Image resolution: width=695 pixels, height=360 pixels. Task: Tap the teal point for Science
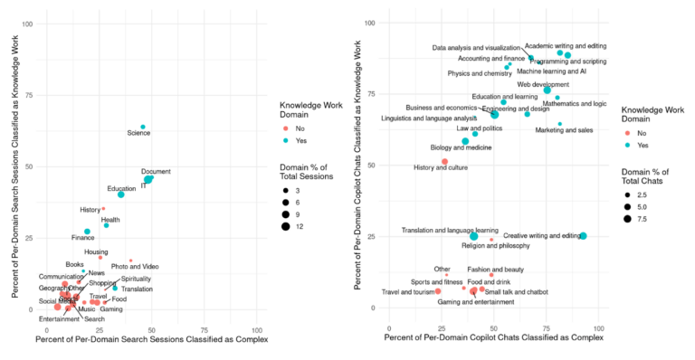click(143, 127)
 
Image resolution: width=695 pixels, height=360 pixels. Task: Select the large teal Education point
click(120, 194)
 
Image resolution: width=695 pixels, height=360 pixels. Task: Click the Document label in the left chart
click(156, 171)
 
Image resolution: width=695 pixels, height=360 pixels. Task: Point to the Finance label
click(82, 238)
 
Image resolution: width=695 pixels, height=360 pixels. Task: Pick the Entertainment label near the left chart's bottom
click(59, 318)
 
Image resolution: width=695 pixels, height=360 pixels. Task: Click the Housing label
click(96, 252)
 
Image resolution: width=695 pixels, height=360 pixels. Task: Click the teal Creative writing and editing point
click(583, 236)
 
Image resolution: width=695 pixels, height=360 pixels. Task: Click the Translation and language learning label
click(449, 230)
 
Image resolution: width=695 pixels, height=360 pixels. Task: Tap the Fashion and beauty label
click(495, 269)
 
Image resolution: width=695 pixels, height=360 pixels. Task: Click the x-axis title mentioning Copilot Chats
click(493, 336)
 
